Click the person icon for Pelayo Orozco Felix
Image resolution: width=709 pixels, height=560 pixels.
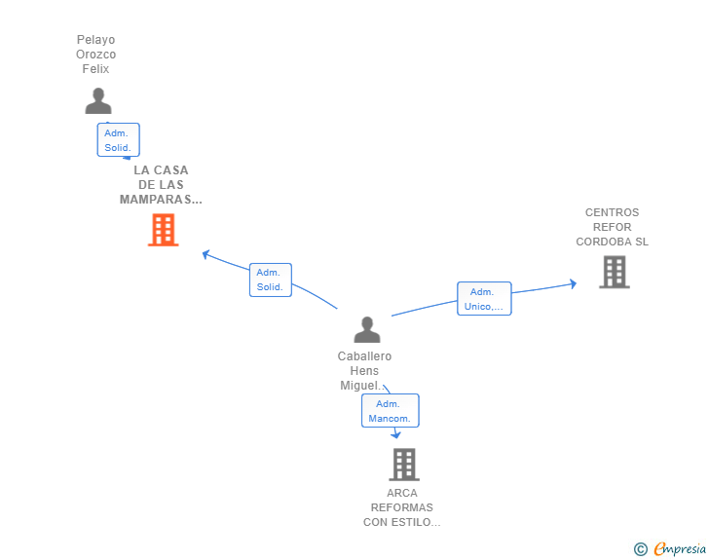click(98, 101)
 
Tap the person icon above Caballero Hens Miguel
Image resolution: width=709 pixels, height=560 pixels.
click(367, 329)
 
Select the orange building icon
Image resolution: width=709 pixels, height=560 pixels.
click(164, 230)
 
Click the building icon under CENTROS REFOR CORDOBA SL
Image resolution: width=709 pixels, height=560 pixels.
click(615, 272)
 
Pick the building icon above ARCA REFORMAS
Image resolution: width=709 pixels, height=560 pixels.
click(404, 465)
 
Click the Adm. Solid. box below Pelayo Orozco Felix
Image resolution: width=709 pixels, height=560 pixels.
click(119, 140)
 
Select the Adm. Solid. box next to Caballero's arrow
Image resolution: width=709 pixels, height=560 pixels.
click(271, 280)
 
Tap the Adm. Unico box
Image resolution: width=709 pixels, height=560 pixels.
click(484, 299)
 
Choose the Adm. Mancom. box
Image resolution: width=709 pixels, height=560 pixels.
click(391, 411)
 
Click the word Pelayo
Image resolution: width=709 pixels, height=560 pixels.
click(95, 40)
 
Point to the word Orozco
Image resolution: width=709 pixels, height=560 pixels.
click(95, 55)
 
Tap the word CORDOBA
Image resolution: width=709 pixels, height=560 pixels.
click(604, 242)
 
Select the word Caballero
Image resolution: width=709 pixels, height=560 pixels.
click(364, 356)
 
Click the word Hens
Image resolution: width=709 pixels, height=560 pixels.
click(364, 370)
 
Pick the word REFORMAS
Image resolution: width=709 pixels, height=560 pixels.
click(402, 507)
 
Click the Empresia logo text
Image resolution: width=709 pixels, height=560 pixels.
click(680, 548)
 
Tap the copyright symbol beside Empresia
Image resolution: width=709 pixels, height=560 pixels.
click(641, 549)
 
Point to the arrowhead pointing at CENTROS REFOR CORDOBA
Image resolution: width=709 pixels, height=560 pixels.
click(573, 283)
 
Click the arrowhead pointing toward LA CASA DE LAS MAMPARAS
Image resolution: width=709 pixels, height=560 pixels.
click(205, 254)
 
